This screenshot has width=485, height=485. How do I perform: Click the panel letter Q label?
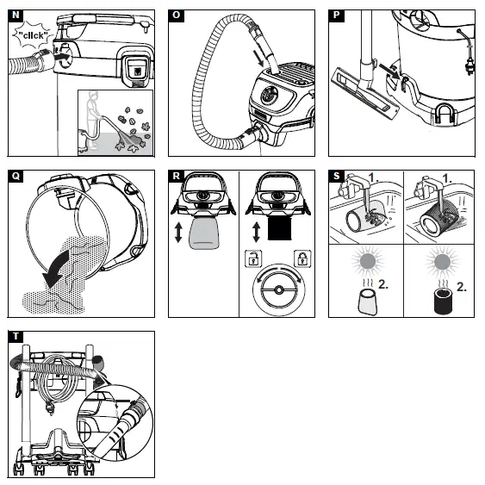tap(15, 177)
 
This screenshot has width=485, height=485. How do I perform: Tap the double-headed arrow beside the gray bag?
tap(178, 233)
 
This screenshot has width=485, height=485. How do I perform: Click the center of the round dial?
tap(277, 289)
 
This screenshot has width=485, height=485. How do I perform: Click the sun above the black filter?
tap(445, 262)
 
